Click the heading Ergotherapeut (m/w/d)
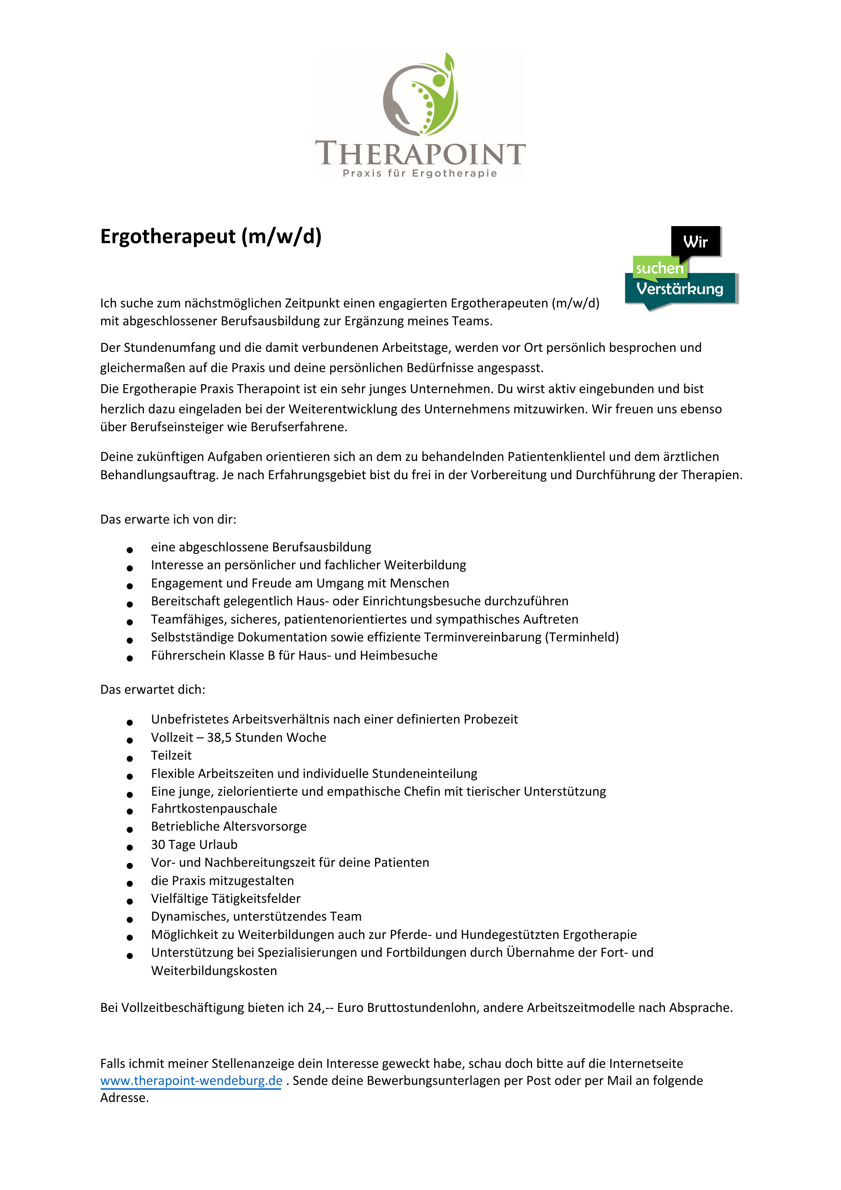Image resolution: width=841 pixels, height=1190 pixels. pos(211,237)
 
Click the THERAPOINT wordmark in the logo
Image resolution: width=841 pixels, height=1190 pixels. pos(420,154)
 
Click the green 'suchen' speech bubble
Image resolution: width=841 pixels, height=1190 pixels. pos(659,268)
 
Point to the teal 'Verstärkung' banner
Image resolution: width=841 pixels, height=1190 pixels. pos(680,289)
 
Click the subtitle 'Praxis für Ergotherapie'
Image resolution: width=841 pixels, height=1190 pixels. pos(420,173)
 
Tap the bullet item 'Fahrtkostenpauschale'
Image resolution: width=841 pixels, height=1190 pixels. pos(214,808)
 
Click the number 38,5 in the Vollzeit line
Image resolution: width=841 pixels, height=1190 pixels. pos(219,737)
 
